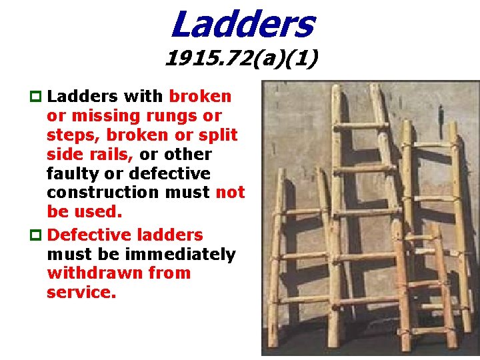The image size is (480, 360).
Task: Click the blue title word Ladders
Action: [241, 24]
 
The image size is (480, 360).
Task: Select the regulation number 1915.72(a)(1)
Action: [241, 61]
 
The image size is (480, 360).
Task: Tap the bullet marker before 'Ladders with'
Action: [37, 97]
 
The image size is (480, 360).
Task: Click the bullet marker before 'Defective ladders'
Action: [37, 235]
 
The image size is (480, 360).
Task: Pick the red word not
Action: [230, 193]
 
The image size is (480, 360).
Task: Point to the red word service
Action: [81, 293]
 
